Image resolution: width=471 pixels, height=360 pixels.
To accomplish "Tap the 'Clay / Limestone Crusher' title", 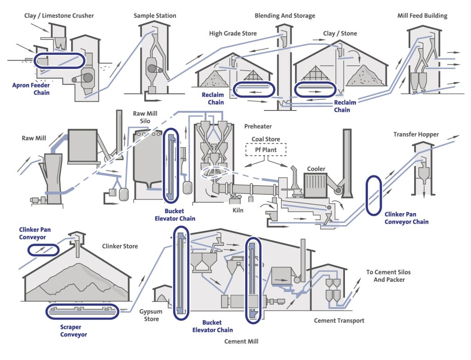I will coord(59,16).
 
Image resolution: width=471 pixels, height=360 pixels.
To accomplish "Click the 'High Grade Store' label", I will coord(233,34).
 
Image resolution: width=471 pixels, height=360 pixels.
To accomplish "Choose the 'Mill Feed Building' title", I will coord(422,16).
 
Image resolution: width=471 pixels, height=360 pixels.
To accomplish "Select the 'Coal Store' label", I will coord(265,139).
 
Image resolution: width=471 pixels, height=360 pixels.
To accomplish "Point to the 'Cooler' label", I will coord(316,169).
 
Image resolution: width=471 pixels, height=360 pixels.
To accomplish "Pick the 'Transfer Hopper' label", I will coord(416,134).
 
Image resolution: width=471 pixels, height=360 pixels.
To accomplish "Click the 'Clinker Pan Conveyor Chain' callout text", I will coord(406,218).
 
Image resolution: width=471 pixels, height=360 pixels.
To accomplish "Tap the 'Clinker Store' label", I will coord(120,246).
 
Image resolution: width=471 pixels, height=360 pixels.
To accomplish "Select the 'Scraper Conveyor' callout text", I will coord(74,331).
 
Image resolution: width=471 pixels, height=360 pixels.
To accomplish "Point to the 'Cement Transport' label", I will coord(339,320).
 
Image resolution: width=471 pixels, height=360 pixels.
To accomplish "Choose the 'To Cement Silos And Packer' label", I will coord(389,276).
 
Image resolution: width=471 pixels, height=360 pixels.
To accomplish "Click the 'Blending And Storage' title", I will coord(285,16).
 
